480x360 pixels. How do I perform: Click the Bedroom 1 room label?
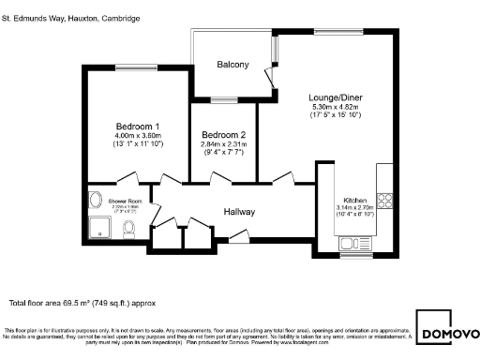pyautogui.click(x=138, y=127)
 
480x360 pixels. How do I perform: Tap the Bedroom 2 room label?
pyautogui.click(x=223, y=134)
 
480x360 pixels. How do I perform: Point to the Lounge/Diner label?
pyautogui.click(x=336, y=97)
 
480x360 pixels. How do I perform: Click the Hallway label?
pyautogui.click(x=239, y=212)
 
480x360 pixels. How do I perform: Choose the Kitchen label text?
pyautogui.click(x=353, y=200)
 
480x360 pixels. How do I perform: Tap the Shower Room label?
pyautogui.click(x=123, y=202)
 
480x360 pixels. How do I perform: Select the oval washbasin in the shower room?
pyautogui.click(x=96, y=201)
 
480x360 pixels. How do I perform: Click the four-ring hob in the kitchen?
pyautogui.click(x=384, y=200)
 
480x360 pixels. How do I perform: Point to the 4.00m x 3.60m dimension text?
pyautogui.click(x=138, y=136)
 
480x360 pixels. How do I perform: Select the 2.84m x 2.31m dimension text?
pyautogui.click(x=223, y=144)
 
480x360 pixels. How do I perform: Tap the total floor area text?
pyautogui.click(x=82, y=303)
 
